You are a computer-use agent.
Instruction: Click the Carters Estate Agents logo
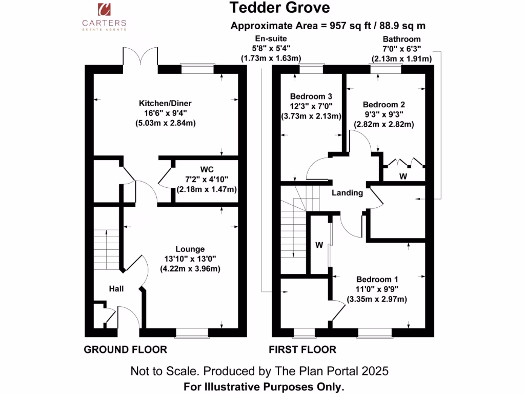click(105, 16)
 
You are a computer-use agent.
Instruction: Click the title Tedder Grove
click(279, 8)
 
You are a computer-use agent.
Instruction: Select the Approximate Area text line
click(328, 26)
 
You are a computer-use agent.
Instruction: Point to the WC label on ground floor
click(206, 169)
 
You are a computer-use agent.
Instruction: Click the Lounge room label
click(190, 249)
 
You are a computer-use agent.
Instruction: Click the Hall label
click(116, 289)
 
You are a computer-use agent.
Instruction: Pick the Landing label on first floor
click(347, 193)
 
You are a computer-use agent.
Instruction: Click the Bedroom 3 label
click(311, 96)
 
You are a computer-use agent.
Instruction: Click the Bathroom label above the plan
click(402, 39)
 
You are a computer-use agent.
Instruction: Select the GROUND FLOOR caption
click(125, 350)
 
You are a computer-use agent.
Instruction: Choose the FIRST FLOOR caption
click(302, 350)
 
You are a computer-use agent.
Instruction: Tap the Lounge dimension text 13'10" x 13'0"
click(190, 259)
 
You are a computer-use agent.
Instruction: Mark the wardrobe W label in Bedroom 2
click(403, 176)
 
